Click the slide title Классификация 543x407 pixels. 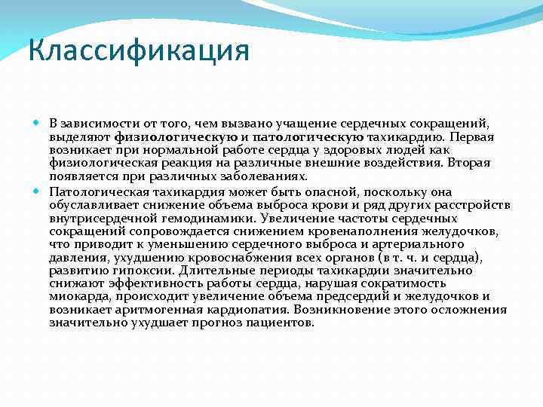[x=138, y=52]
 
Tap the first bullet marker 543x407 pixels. [x=39, y=123]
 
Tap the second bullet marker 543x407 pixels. [x=39, y=191]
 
